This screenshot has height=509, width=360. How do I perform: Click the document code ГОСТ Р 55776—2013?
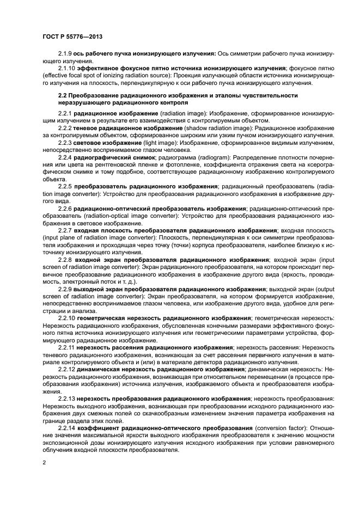(72, 36)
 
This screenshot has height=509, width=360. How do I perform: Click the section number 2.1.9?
(66, 54)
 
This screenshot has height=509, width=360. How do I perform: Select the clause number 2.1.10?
(68, 69)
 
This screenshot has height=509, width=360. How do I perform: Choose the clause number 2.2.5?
(66, 186)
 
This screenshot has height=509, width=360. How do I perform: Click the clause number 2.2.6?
(66, 208)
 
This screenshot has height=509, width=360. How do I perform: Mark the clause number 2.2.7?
(66, 230)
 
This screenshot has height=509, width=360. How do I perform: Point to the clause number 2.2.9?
(66, 289)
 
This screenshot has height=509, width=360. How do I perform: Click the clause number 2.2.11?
(68, 347)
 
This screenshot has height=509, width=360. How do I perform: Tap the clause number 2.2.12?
(68, 369)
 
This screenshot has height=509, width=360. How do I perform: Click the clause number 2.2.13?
(68, 398)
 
